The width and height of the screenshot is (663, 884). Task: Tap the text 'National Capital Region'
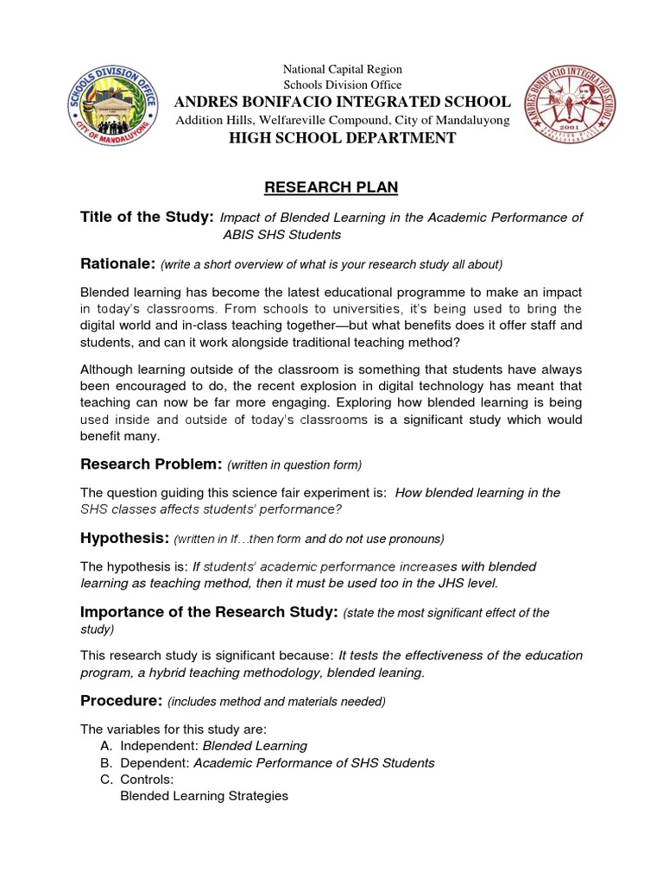click(x=343, y=69)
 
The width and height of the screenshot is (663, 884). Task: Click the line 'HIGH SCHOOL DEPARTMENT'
click(x=343, y=138)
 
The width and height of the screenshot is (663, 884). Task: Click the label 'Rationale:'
click(x=117, y=263)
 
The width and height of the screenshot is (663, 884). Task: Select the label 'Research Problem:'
click(x=151, y=464)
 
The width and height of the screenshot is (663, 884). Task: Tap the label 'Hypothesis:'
click(x=123, y=538)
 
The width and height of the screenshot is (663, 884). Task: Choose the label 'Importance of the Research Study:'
click(x=208, y=612)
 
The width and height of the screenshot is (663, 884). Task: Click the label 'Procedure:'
click(x=121, y=699)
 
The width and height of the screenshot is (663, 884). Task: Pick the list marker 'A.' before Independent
click(x=107, y=745)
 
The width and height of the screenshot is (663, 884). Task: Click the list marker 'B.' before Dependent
click(x=107, y=762)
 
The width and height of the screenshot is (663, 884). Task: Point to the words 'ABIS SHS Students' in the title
click(x=281, y=235)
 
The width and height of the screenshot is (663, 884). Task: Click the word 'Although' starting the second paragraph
click(x=109, y=369)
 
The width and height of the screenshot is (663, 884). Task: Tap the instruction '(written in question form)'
click(x=294, y=465)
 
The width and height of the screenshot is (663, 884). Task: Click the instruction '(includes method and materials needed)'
click(x=276, y=700)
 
